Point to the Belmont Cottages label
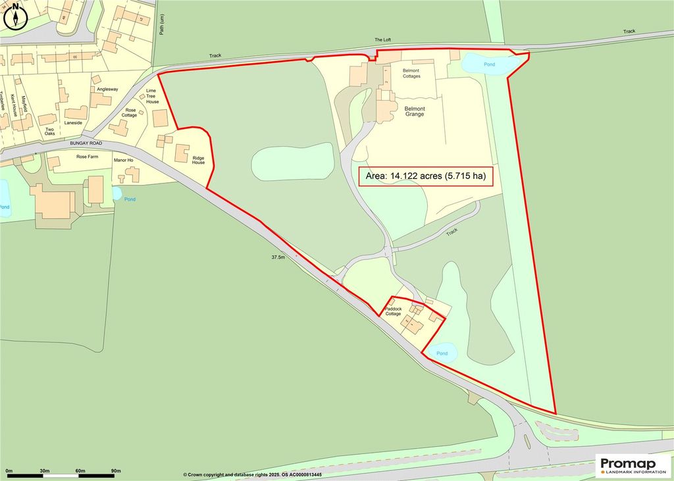click(x=407, y=72)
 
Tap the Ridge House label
click(x=199, y=160)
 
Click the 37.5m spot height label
click(x=278, y=257)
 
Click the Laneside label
click(x=73, y=122)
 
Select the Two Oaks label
click(x=49, y=130)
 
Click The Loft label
click(x=382, y=40)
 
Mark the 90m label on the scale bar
click(x=117, y=472)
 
